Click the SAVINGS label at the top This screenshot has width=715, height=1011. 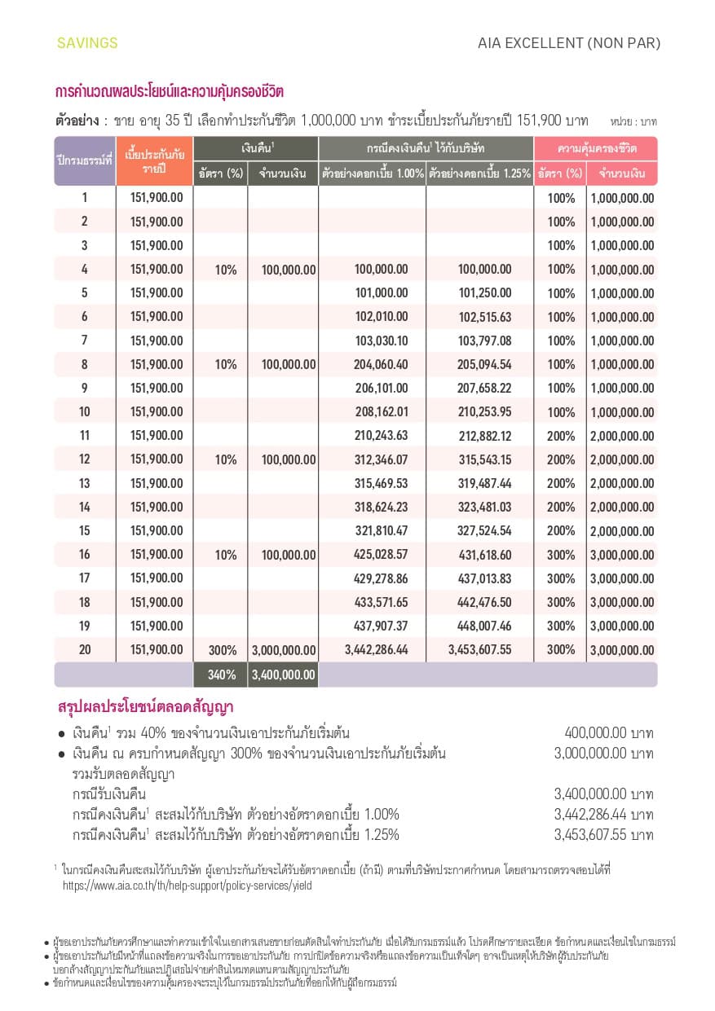(87, 43)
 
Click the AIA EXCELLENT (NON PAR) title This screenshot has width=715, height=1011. (569, 43)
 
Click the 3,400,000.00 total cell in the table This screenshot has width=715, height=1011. (283, 675)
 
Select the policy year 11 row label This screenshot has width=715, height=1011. (85, 436)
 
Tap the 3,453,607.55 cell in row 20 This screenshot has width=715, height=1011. (480, 650)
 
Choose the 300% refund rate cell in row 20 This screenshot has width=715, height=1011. (222, 650)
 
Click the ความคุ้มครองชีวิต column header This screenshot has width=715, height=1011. (596, 149)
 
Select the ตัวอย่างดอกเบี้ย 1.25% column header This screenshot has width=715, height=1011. (479, 174)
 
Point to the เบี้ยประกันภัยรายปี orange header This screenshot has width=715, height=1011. (154, 160)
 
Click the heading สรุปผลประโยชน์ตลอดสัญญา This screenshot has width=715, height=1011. (145, 706)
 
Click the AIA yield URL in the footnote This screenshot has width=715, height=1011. (187, 885)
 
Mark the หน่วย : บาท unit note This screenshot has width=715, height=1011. (633, 121)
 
